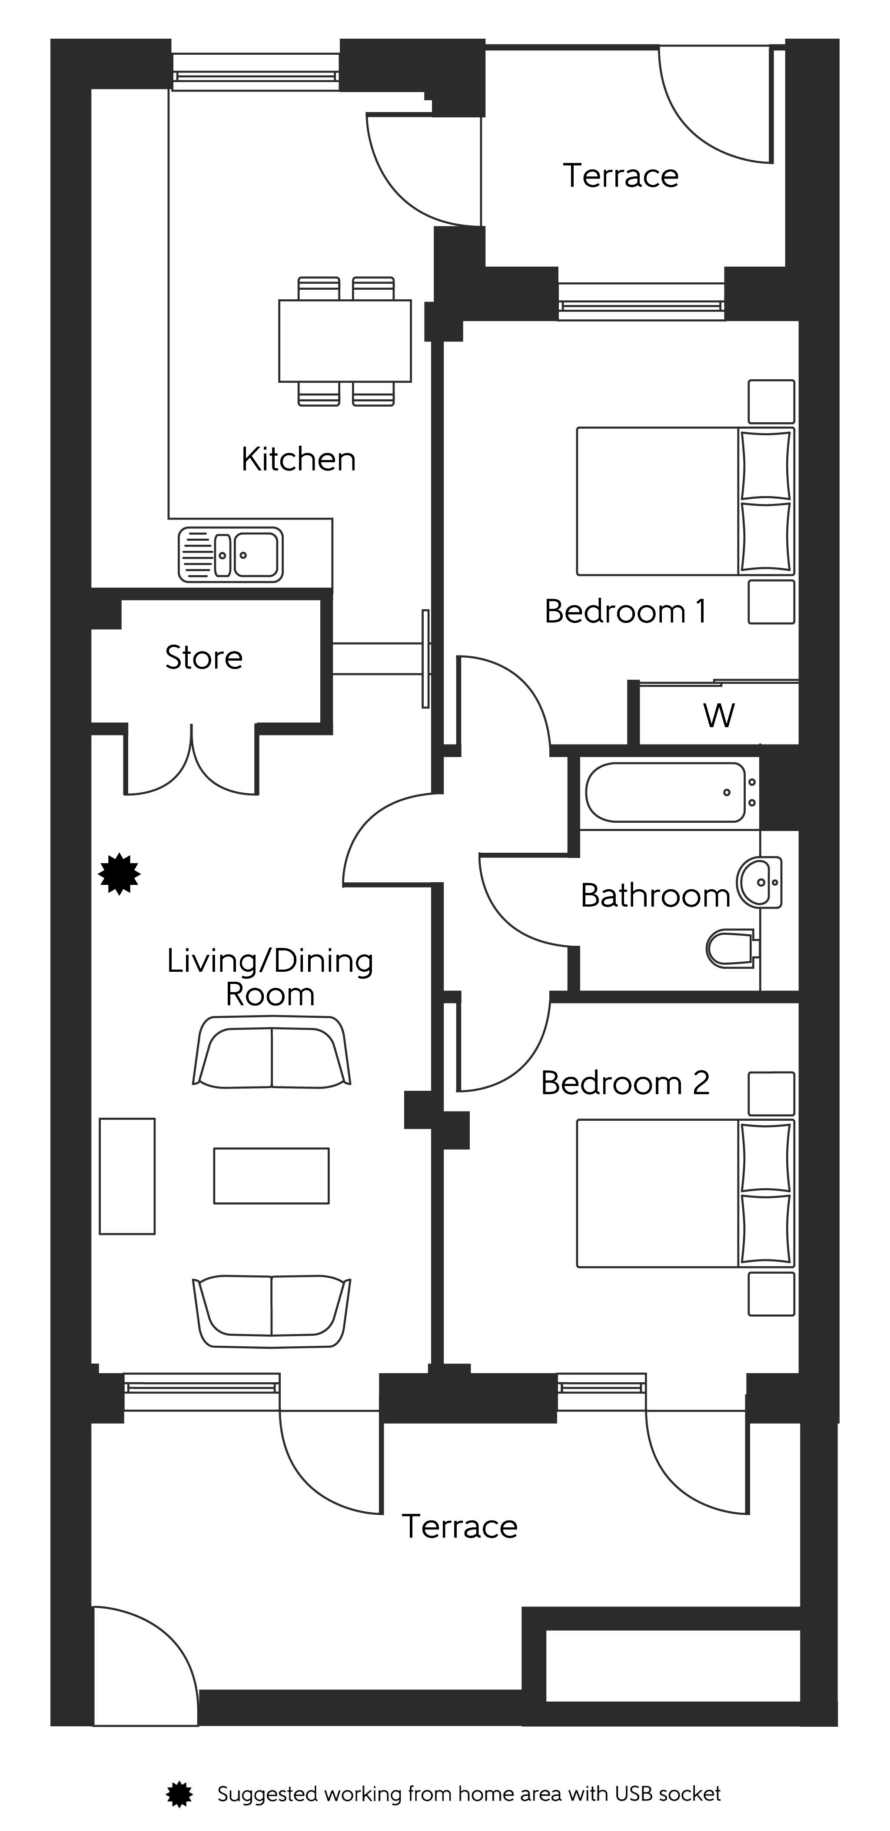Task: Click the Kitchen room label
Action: (299, 459)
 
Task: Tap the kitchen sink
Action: (230, 554)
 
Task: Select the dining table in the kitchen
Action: (345, 341)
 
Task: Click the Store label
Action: (204, 658)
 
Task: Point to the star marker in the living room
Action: (120, 874)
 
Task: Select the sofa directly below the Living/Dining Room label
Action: (272, 1053)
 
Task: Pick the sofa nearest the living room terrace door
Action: (272, 1311)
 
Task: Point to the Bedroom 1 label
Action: (625, 611)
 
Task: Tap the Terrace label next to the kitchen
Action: (621, 175)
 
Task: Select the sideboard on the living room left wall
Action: (127, 1175)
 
